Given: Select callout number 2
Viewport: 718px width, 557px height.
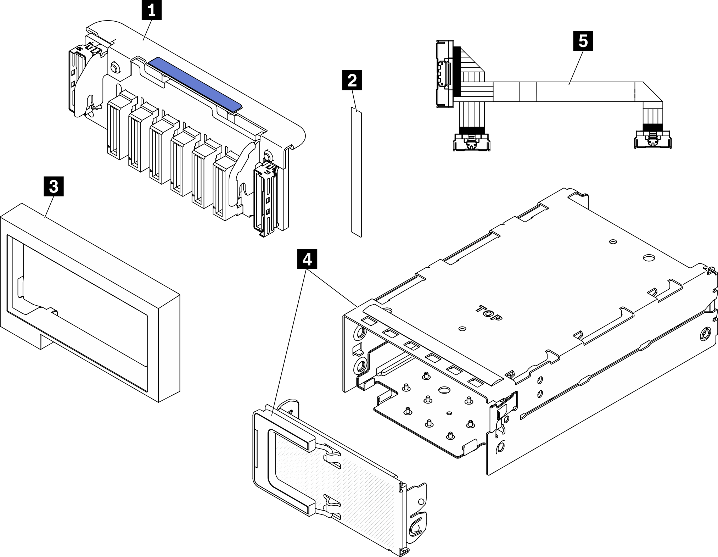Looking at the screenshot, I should pos(352,81).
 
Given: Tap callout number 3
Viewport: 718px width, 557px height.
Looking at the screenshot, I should pos(54,187).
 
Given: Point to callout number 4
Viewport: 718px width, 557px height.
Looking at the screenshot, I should pos(307,260).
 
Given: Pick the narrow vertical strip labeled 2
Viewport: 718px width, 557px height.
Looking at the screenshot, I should pos(356,172).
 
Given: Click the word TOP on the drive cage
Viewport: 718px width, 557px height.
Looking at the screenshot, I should pos(489,313).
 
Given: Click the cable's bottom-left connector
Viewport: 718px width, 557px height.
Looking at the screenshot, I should pos(471,141).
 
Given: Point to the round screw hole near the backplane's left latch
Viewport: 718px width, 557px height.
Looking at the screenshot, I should pos(114,67).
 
